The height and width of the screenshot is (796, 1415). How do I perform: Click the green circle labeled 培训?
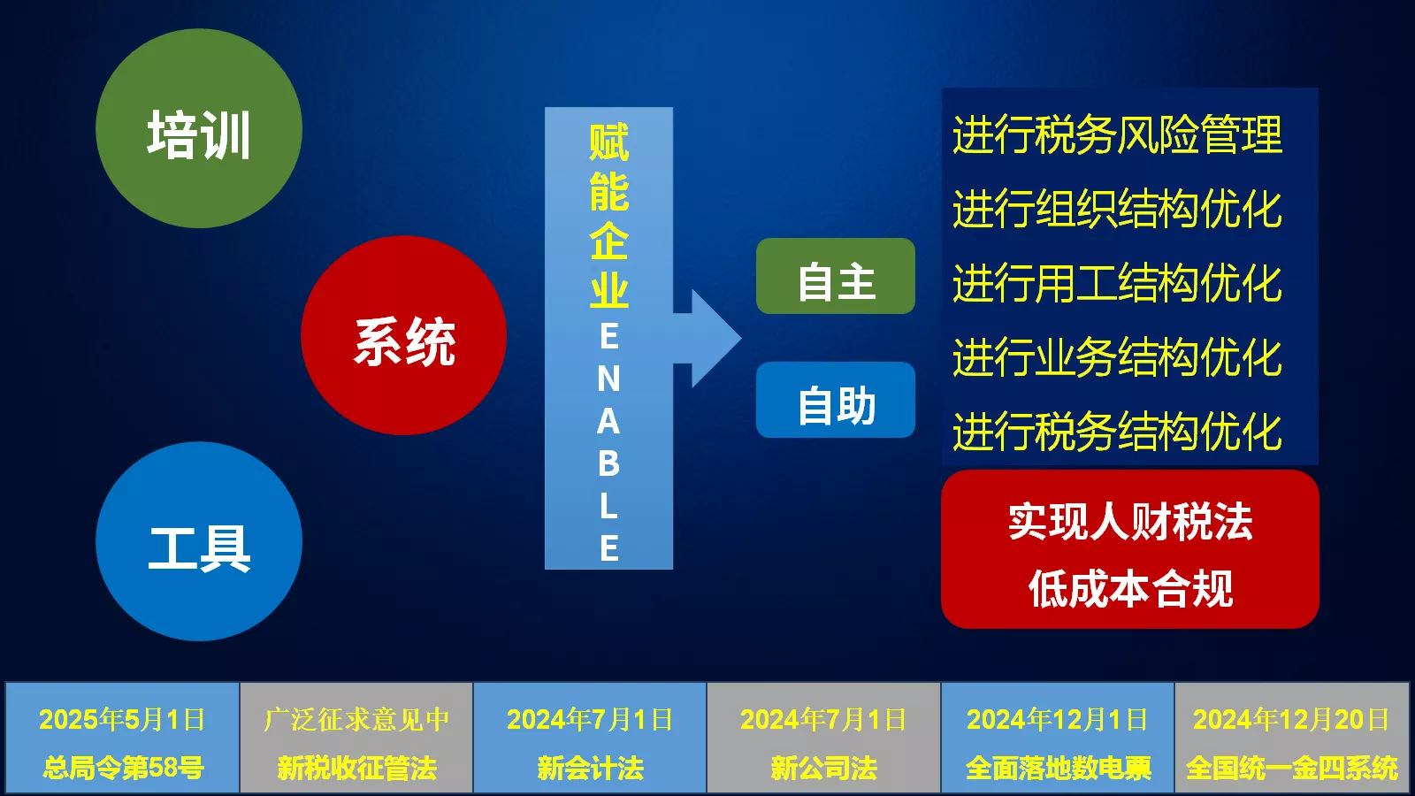pos(199,128)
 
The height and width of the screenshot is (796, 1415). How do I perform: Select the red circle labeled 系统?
pos(403,335)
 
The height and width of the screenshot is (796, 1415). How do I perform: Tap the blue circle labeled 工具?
pos(199,541)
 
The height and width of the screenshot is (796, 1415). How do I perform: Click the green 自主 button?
pos(836,276)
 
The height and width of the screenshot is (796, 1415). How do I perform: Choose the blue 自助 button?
pos(836,400)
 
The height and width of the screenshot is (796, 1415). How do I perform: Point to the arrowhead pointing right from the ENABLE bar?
pos(716,339)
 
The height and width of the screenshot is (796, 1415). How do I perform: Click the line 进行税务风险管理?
pos(1118,134)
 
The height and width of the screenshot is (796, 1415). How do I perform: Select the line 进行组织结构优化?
pos(1118,209)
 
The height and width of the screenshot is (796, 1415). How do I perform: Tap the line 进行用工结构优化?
pos(1118,283)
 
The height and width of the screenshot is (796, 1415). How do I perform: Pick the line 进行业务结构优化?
pos(1118,357)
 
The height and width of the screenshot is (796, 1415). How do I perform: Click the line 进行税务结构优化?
pos(1118,432)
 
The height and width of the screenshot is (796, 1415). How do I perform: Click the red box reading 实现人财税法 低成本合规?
pos(1130,549)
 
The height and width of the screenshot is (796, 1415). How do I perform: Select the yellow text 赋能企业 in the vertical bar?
pos(609,216)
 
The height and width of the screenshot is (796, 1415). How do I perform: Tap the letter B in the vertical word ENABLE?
pos(609,463)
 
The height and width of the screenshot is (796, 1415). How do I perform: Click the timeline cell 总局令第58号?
pos(123,738)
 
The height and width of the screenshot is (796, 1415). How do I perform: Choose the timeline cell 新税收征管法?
pos(357,738)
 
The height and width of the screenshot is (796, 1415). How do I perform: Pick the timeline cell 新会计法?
pos(590,738)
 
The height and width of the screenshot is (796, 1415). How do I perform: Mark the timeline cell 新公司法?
pos(823,738)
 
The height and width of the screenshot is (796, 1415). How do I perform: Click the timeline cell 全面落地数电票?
pos(1058,738)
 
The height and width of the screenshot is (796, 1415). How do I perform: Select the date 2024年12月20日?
pos(1291,720)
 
